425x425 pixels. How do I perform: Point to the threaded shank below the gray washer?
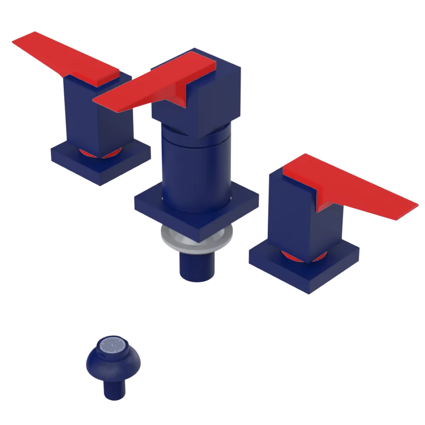pos(198,266)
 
